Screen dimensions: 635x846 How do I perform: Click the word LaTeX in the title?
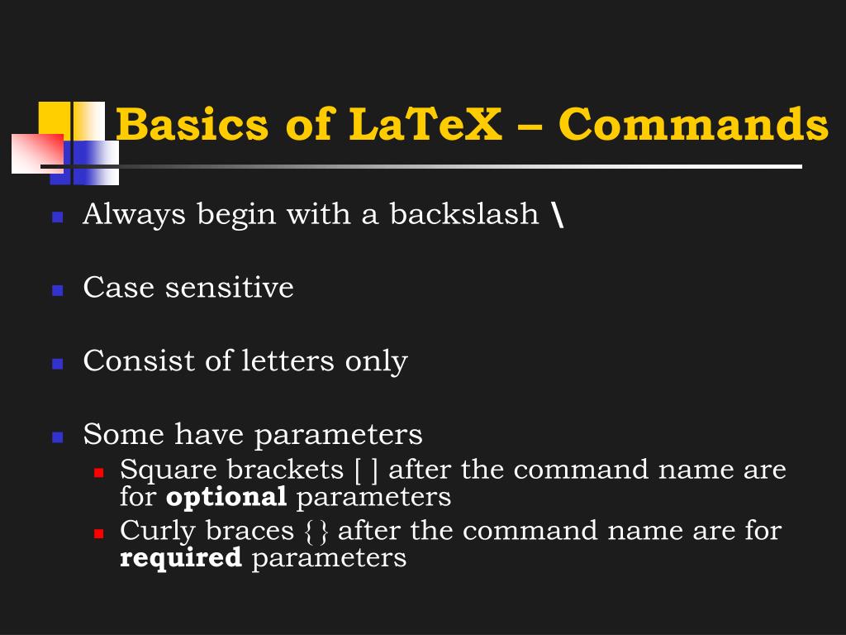click(425, 125)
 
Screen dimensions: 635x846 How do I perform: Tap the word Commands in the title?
click(693, 125)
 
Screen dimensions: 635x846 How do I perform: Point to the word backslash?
click(463, 214)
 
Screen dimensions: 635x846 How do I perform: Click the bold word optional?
click(226, 498)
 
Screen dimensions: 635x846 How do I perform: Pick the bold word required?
click(181, 558)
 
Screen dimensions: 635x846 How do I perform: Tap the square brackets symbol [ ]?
click(366, 470)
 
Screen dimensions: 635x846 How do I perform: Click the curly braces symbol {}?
click(316, 531)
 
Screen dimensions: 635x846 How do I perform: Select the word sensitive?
click(229, 288)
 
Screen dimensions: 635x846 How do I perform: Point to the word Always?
click(134, 215)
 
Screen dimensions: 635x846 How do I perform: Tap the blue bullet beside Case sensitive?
click(58, 290)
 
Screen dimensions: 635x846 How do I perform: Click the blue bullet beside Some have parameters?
click(58, 437)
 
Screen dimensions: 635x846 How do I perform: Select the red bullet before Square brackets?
click(98, 473)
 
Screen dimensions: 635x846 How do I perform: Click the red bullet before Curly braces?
click(98, 533)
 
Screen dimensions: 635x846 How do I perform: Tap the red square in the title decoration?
click(37, 153)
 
